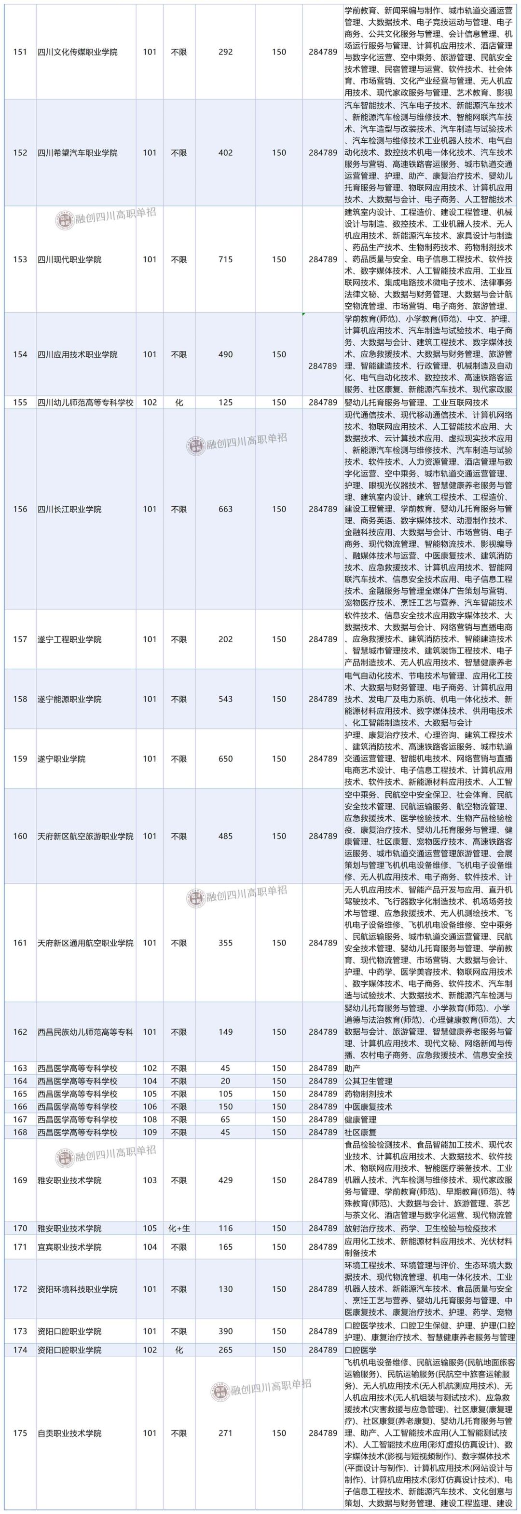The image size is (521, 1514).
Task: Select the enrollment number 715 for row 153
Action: [x=225, y=259]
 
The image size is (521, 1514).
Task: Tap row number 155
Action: [x=20, y=403]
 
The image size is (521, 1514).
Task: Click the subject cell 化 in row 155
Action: [x=179, y=403]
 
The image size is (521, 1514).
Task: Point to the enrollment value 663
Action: [x=225, y=509]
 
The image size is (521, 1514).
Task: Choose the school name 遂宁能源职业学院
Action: [x=69, y=699]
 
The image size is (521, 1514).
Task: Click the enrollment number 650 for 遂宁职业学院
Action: [x=225, y=759]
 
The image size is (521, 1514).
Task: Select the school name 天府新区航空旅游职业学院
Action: [x=85, y=836]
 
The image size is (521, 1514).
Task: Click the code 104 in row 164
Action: [x=150, y=1081]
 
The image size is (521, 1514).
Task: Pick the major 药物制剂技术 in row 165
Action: [x=368, y=1094]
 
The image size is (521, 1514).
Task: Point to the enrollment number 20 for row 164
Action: [x=225, y=1081]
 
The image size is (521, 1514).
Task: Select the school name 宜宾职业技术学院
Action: [x=69, y=1246]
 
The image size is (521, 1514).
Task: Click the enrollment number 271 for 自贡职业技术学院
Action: [x=225, y=1433]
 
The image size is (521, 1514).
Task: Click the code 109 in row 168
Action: [x=150, y=1132]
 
